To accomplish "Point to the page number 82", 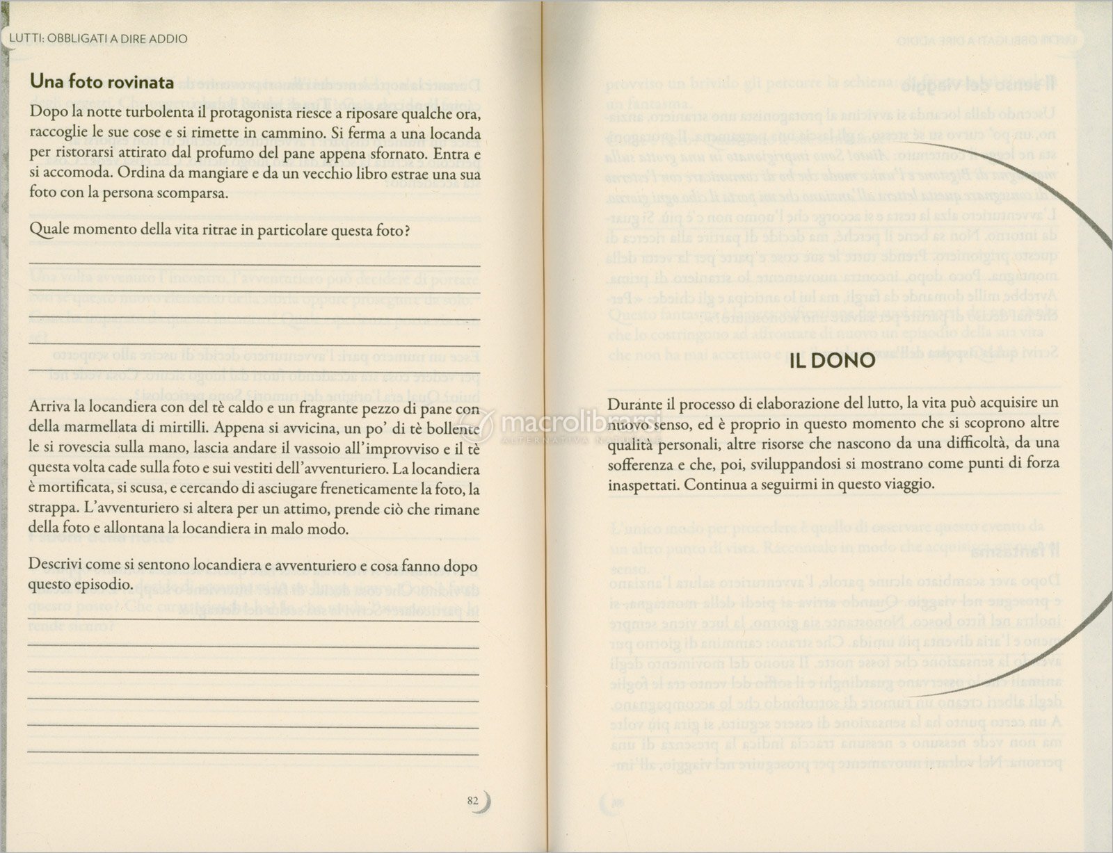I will coord(473,801).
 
